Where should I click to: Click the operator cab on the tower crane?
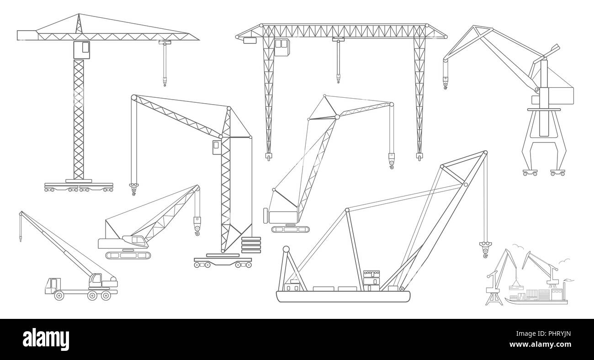pos(81,49)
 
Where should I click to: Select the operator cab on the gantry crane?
pos(282,48)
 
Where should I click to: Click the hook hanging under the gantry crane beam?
pos(338,79)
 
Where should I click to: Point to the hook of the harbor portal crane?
pos(445,84)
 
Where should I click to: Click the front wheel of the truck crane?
pos(58,296)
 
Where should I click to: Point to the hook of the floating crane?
pos(484,249)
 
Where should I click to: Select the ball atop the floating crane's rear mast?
pos(286,249)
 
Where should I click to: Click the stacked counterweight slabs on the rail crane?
pos(251,245)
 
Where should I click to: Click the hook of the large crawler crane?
pos(392,162)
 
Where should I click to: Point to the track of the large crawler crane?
pos(290,228)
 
